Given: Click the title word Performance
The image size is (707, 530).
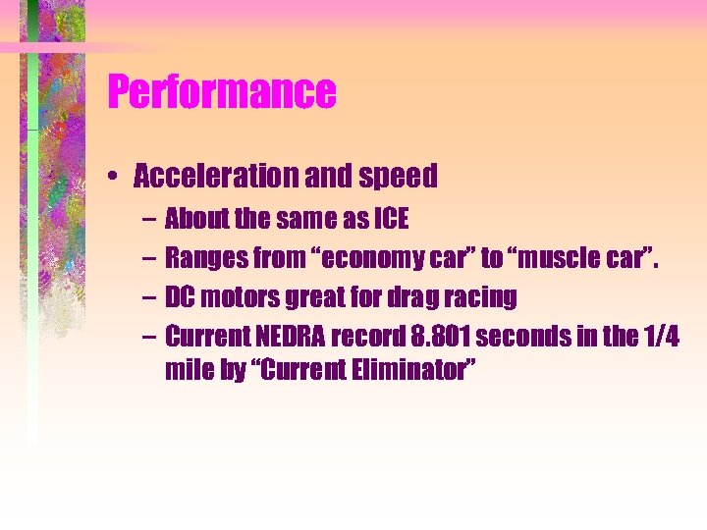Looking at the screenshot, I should (222, 92).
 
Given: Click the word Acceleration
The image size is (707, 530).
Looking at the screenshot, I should (202, 177).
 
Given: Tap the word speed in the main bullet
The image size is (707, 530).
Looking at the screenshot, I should (399, 177).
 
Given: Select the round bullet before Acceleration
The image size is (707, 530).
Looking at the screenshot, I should (116, 178).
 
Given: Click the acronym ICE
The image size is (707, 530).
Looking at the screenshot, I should (391, 219).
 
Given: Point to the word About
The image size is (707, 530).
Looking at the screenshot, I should (194, 219).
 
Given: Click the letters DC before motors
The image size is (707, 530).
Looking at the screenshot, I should (179, 296).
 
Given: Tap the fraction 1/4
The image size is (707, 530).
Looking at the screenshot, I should (659, 336).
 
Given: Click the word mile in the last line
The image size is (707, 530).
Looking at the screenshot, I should (187, 373).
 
